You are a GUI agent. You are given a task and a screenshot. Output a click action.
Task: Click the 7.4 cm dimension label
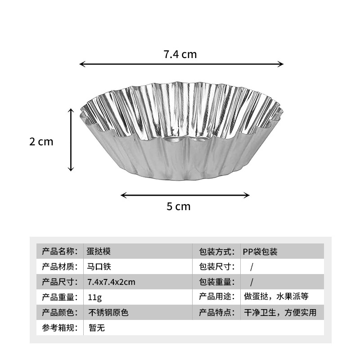[x=180, y=54]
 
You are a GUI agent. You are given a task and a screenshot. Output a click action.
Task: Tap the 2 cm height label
[x=41, y=142]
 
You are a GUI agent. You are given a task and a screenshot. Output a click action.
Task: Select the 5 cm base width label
[x=179, y=207]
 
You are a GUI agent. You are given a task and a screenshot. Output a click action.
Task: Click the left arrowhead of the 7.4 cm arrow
[x=81, y=64]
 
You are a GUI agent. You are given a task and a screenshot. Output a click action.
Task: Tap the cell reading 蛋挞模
[x=98, y=251]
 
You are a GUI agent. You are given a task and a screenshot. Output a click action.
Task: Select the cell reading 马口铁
[x=98, y=266]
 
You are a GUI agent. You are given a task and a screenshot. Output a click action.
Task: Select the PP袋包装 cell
[x=260, y=251]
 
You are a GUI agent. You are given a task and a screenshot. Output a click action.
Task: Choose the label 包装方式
[x=217, y=251]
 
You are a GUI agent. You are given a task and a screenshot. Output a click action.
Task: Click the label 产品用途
[x=217, y=297]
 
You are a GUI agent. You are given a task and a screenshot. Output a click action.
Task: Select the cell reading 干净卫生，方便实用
[x=279, y=312]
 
